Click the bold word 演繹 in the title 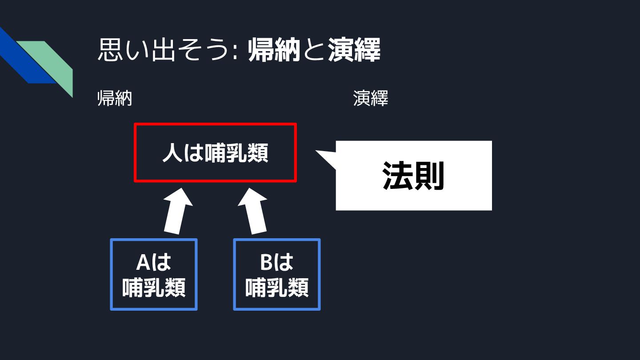point(354,51)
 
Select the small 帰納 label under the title point(115,98)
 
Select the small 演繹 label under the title point(371,98)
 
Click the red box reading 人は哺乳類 point(215,152)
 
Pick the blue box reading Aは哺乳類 point(153,274)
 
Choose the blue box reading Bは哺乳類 point(276,274)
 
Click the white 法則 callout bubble point(413,176)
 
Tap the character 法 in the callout point(398,176)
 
